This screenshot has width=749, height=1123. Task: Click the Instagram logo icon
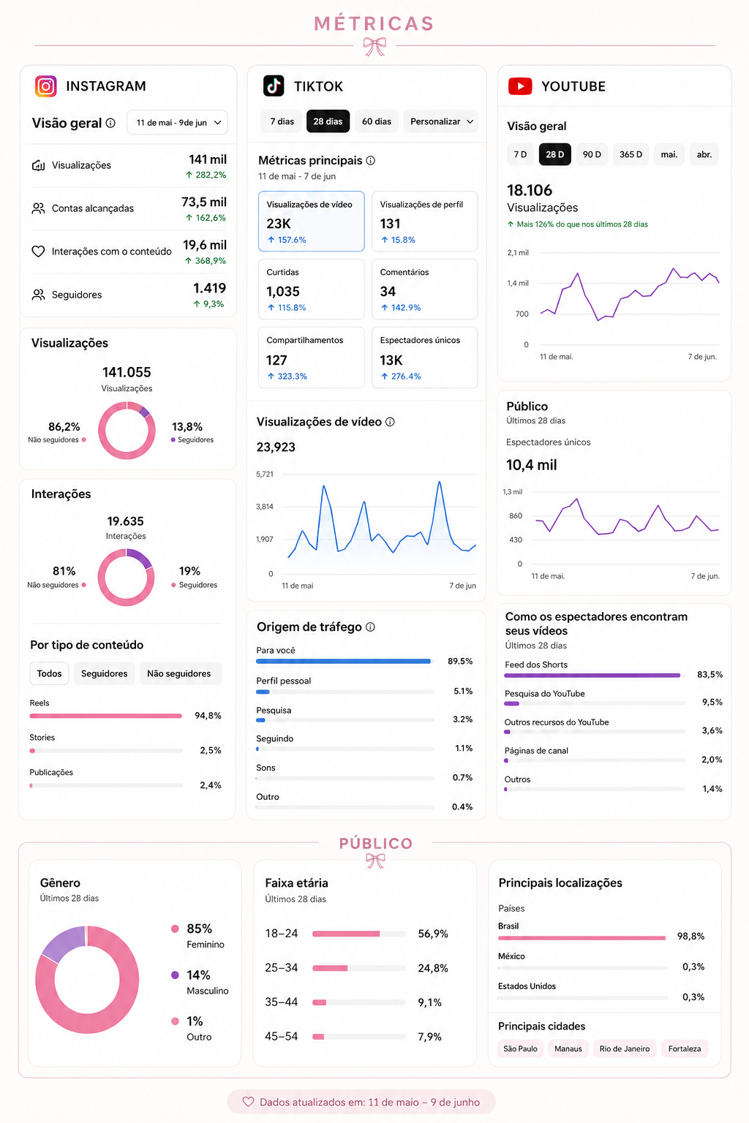45,86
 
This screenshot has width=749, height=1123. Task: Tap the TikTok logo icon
274,86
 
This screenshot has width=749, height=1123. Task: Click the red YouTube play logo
520,86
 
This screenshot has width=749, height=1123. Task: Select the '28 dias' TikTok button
328,121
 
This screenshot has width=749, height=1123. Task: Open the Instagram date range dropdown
177,122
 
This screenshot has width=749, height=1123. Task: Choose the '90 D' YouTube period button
592,154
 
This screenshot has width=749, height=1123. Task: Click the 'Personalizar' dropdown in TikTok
442,121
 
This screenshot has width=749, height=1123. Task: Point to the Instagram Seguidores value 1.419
209,288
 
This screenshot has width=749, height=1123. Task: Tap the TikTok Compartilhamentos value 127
276,360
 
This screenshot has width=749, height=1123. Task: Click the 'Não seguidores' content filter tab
179,673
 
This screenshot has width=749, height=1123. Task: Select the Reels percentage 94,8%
208,716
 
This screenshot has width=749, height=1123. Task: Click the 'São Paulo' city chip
520,1048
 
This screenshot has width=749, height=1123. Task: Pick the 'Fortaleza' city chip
685,1048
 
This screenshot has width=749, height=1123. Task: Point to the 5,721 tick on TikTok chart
265,474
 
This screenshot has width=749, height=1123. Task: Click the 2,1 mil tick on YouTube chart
518,252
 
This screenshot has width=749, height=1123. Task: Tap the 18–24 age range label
282,933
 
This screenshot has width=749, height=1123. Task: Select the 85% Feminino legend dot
175,929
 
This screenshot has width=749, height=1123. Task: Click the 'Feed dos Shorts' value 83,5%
710,674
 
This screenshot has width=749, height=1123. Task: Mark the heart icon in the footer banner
249,1102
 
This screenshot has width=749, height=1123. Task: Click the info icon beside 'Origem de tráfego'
370,627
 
